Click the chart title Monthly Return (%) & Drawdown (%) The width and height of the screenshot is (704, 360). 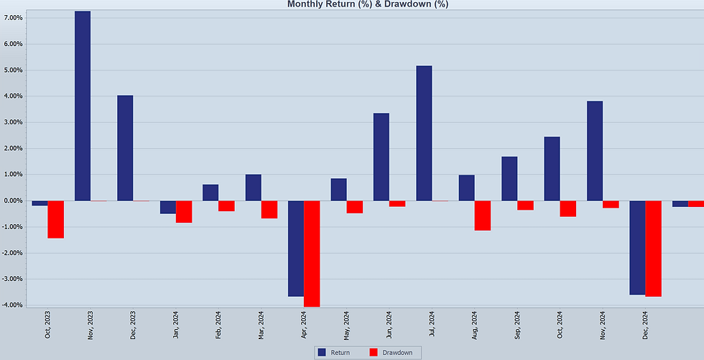(367, 4)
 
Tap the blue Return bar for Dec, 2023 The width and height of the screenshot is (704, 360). (125, 148)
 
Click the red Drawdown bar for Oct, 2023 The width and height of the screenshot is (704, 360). (56, 219)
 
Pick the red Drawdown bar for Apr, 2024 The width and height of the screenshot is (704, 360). (312, 254)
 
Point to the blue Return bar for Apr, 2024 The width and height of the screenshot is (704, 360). (296, 249)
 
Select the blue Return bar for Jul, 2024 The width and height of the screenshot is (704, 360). (424, 133)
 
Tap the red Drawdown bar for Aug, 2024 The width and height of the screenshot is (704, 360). (482, 216)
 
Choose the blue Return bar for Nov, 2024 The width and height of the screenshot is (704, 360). (595, 151)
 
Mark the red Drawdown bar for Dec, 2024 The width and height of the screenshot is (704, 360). (653, 249)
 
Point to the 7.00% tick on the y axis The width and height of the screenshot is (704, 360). (14, 18)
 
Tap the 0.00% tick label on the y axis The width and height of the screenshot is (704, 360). (14, 200)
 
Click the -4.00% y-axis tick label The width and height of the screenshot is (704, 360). (14, 305)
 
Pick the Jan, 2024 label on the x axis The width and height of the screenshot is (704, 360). (176, 325)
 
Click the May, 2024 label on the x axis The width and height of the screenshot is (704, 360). (346, 325)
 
